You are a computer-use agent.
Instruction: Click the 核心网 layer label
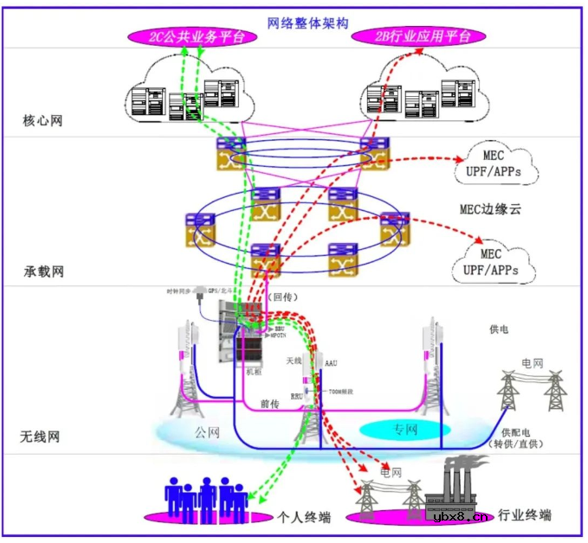[x=42, y=120]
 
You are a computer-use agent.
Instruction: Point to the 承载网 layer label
[x=42, y=271]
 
